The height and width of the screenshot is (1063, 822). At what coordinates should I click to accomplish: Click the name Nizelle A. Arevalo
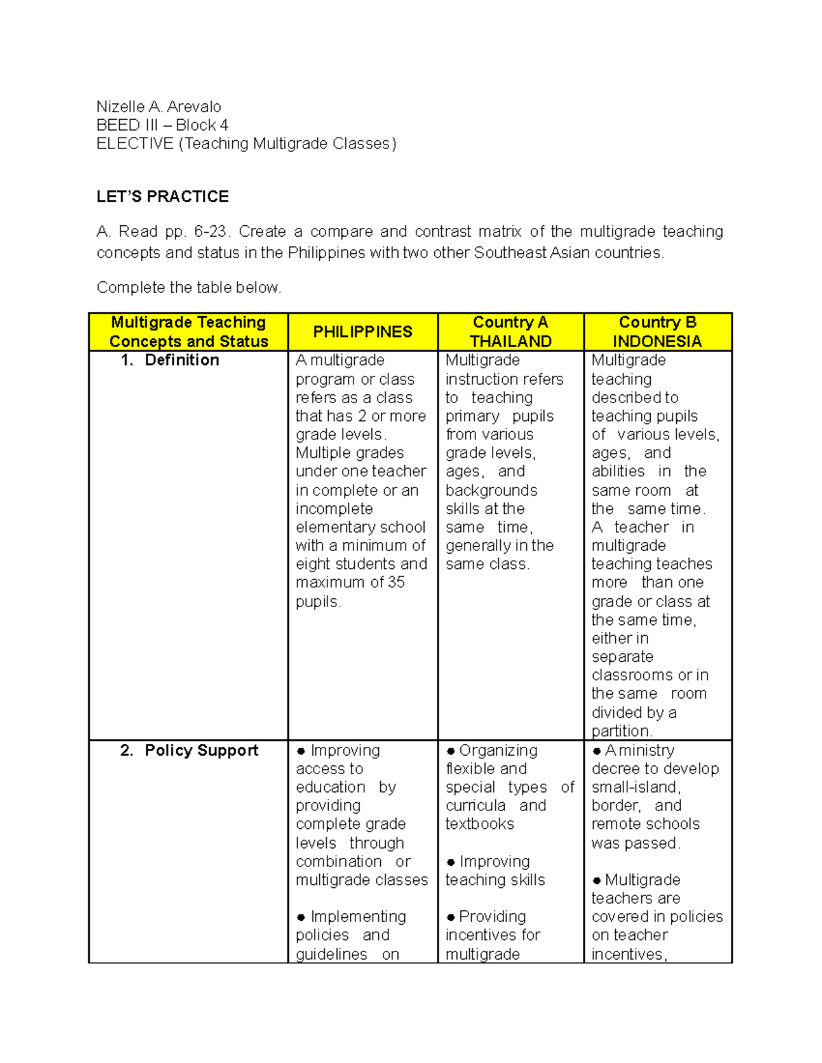(158, 107)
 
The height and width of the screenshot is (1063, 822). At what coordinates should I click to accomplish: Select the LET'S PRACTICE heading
(162, 197)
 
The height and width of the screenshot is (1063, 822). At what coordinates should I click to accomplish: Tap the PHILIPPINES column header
(362, 332)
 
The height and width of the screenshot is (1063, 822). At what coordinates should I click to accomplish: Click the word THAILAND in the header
(510, 342)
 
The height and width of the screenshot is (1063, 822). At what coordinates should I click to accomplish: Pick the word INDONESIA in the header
(657, 342)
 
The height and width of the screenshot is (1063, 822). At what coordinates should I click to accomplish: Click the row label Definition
(182, 361)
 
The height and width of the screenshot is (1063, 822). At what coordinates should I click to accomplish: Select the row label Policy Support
(201, 751)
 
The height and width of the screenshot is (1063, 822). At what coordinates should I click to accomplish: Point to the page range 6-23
(209, 232)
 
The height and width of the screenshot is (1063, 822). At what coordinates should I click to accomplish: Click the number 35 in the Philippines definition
(396, 582)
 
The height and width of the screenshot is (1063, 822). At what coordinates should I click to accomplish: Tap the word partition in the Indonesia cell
(621, 731)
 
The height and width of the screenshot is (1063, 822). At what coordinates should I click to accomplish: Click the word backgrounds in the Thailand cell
(491, 491)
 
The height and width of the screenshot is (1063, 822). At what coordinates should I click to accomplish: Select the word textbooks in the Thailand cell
(480, 824)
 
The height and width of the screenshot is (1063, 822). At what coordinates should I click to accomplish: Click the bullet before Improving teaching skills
(451, 862)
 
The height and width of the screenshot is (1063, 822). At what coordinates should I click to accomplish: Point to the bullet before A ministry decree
(597, 752)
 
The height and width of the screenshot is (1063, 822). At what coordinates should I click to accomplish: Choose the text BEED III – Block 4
(162, 125)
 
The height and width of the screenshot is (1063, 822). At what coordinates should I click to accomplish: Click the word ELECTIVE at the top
(135, 144)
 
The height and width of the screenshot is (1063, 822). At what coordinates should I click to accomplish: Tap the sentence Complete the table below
(188, 287)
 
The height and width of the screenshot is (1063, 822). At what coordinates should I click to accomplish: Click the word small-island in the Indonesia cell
(635, 788)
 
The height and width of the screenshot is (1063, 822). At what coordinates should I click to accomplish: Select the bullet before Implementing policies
(301, 918)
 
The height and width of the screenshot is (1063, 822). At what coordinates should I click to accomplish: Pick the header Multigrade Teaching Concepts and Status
(188, 332)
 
